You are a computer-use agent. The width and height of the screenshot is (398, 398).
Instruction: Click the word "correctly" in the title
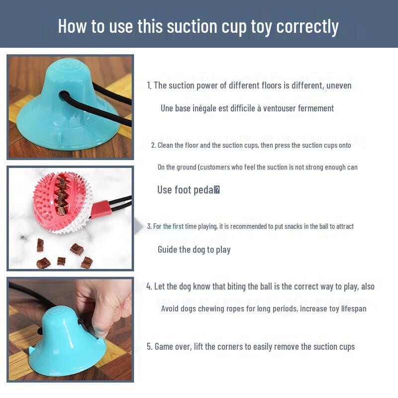307,26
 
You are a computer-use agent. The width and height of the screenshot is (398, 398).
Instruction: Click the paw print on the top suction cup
69,65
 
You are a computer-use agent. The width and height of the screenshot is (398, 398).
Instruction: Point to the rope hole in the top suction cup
63,95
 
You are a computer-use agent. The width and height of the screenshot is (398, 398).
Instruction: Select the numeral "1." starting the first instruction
149,86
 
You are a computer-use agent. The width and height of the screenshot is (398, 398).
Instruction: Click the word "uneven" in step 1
340,86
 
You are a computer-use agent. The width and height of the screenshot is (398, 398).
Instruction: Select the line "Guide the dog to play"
194,249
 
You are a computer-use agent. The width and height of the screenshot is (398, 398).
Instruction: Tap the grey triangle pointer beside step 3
139,227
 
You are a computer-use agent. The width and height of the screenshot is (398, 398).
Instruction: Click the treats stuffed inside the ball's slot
62,195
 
